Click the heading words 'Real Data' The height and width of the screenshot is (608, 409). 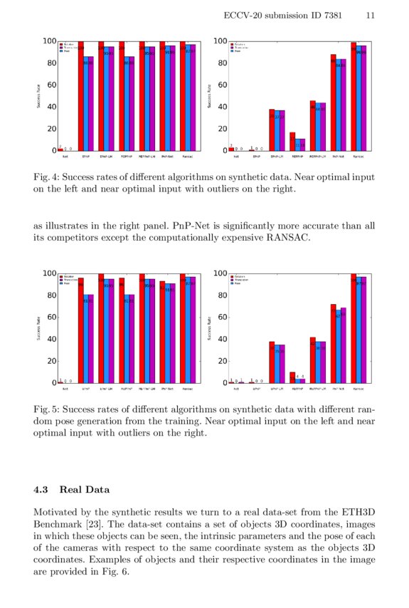coord(83,490)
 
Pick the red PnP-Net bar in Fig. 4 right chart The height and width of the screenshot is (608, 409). coord(333,103)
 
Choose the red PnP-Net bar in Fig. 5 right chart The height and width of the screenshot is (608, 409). coord(333,343)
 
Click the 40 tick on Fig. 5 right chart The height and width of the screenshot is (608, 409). coord(221,339)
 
